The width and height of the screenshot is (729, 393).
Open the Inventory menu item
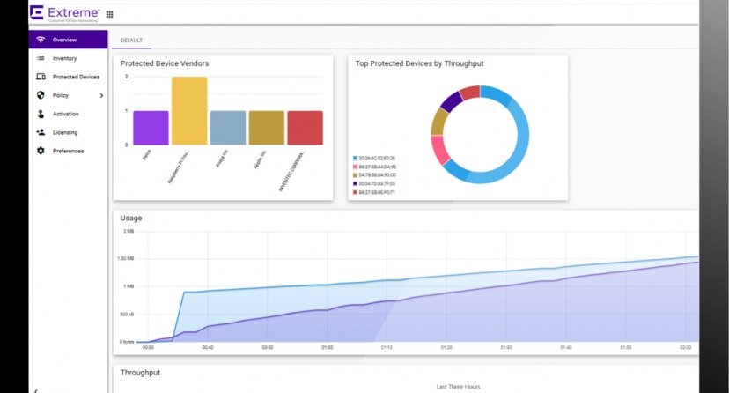(x=64, y=58)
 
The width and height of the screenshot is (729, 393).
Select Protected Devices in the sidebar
(x=75, y=77)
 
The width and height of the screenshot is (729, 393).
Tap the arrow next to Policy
(x=101, y=95)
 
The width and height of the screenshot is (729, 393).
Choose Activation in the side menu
(x=65, y=114)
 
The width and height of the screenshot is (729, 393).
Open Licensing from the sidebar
(x=64, y=132)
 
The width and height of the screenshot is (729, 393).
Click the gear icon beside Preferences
(x=40, y=151)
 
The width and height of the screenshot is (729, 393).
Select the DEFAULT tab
(x=131, y=41)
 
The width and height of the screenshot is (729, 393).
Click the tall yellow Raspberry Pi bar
(x=189, y=111)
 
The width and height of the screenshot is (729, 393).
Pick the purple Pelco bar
(x=151, y=128)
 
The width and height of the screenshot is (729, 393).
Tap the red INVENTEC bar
(x=305, y=128)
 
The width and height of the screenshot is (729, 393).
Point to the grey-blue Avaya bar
(x=227, y=128)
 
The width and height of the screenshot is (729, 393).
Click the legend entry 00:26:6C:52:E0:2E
(x=376, y=158)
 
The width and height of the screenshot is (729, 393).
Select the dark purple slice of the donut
(x=451, y=102)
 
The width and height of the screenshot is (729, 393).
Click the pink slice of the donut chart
(x=440, y=149)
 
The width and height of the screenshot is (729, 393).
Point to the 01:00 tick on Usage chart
(x=327, y=347)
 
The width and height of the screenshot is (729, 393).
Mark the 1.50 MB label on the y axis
(x=126, y=258)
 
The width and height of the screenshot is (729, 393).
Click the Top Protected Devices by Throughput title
(x=419, y=63)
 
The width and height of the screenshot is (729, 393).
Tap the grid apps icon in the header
(x=110, y=14)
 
